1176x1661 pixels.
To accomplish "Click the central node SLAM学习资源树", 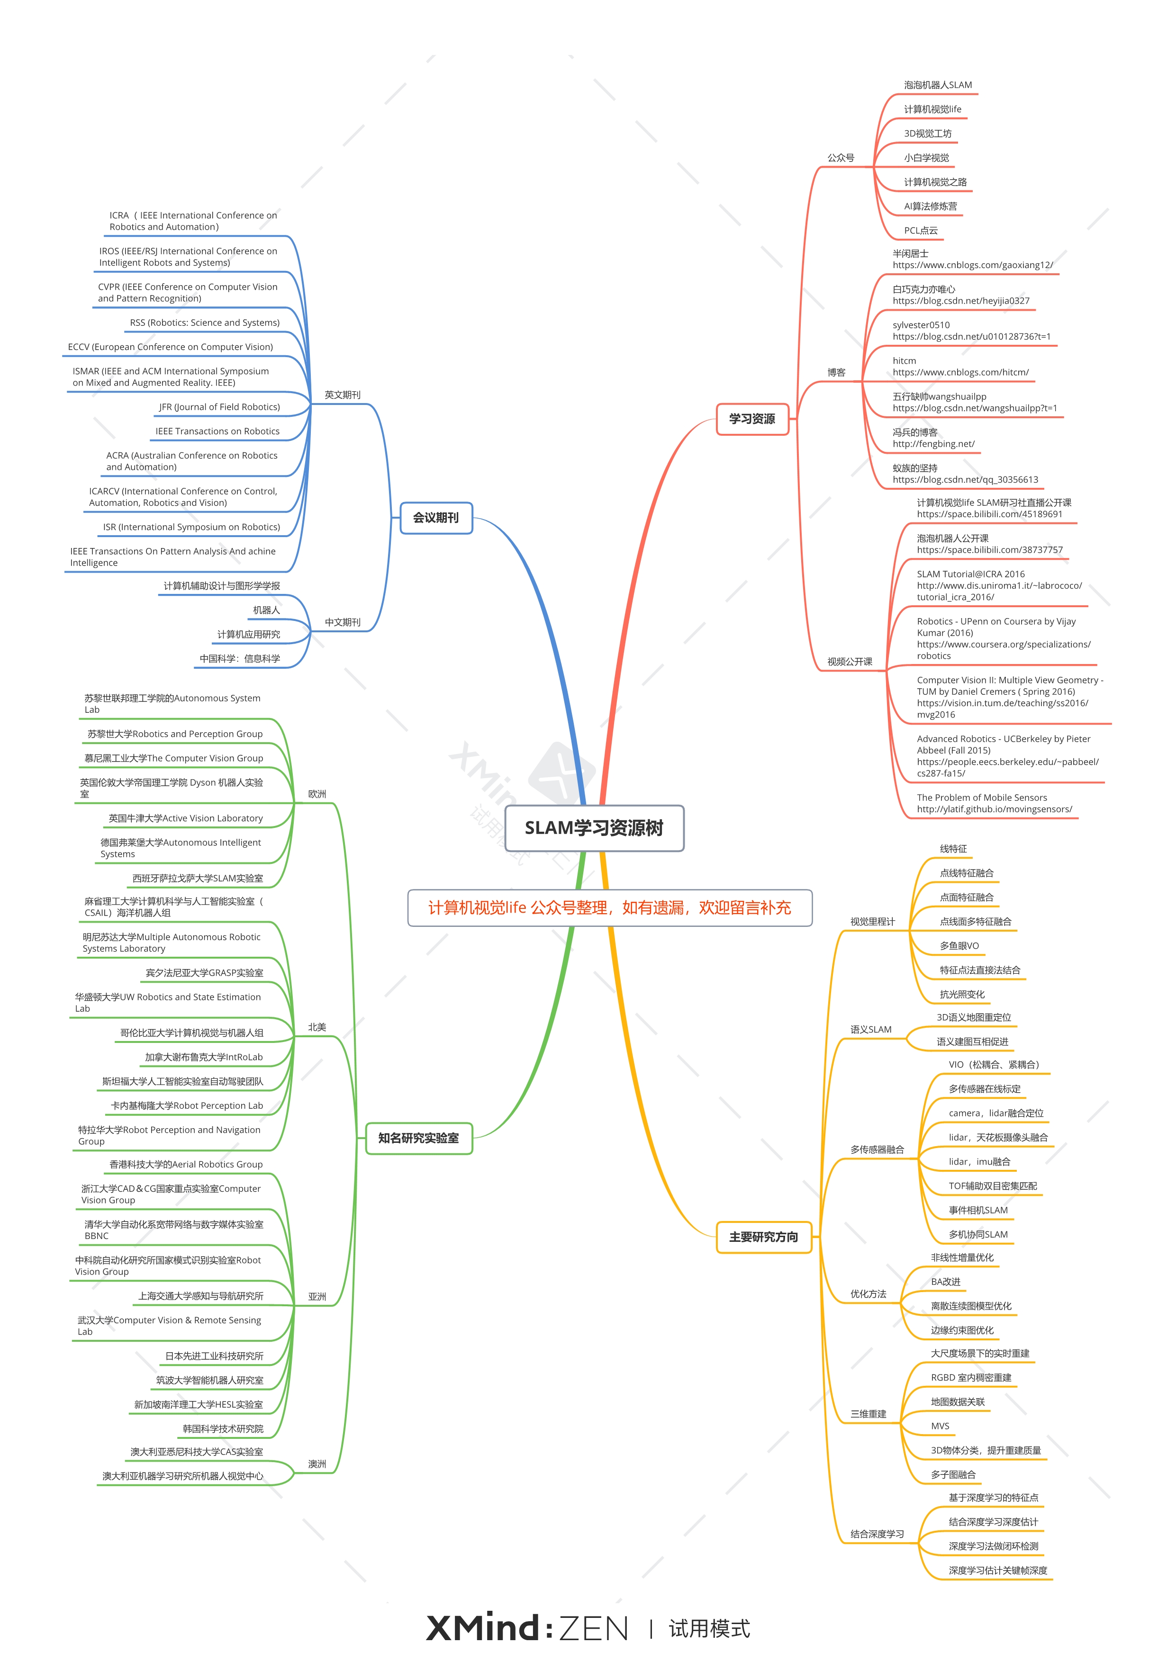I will pyautogui.click(x=594, y=828).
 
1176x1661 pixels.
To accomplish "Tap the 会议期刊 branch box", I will pyautogui.click(x=436, y=518).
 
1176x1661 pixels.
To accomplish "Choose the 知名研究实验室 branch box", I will pyautogui.click(x=418, y=1138).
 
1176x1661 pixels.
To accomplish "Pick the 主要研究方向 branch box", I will pyautogui.click(x=763, y=1237).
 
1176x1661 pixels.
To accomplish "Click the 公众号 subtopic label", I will pyautogui.click(x=841, y=158).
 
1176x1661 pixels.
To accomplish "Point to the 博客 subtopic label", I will pyautogui.click(x=836, y=372).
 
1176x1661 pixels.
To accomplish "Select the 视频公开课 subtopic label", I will pyautogui.click(x=850, y=662).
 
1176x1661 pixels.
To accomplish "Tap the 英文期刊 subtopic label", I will pyautogui.click(x=343, y=395).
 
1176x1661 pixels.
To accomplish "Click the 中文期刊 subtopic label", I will pyautogui.click(x=343, y=622).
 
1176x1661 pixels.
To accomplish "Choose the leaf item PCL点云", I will pyautogui.click(x=921, y=231).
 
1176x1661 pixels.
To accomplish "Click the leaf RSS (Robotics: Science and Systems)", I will pyautogui.click(x=204, y=323).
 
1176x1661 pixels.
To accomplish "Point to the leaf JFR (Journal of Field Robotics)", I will pyautogui.click(x=219, y=407).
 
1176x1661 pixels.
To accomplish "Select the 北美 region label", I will pyautogui.click(x=317, y=1027).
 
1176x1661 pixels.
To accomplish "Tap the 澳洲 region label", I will pyautogui.click(x=317, y=1464).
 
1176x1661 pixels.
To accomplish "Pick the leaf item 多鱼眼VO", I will pyautogui.click(x=959, y=946).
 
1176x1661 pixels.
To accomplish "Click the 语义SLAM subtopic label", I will pyautogui.click(x=870, y=1029).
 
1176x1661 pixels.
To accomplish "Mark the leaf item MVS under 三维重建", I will pyautogui.click(x=940, y=1426).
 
